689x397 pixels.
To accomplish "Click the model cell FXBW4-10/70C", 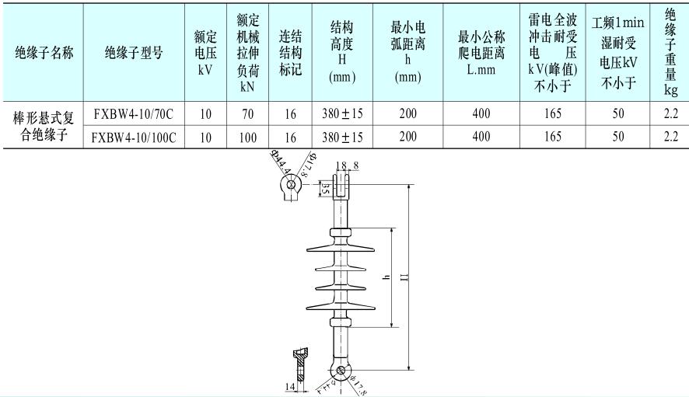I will (133, 113).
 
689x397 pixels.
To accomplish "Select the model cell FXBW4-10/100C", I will (133, 137).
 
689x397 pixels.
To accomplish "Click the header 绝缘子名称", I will (45, 53).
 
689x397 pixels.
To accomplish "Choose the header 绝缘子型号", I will (133, 53).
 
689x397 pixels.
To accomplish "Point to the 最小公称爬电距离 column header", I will (481, 53).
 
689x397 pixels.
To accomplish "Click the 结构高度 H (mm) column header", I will (342, 53).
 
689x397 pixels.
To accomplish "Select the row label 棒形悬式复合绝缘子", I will (45, 126).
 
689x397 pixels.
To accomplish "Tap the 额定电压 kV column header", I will (205, 53).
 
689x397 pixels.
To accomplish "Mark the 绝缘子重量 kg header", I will (670, 53).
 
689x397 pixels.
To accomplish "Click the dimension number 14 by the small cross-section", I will (289, 385).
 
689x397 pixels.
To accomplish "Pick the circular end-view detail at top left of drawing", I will (291, 184).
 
